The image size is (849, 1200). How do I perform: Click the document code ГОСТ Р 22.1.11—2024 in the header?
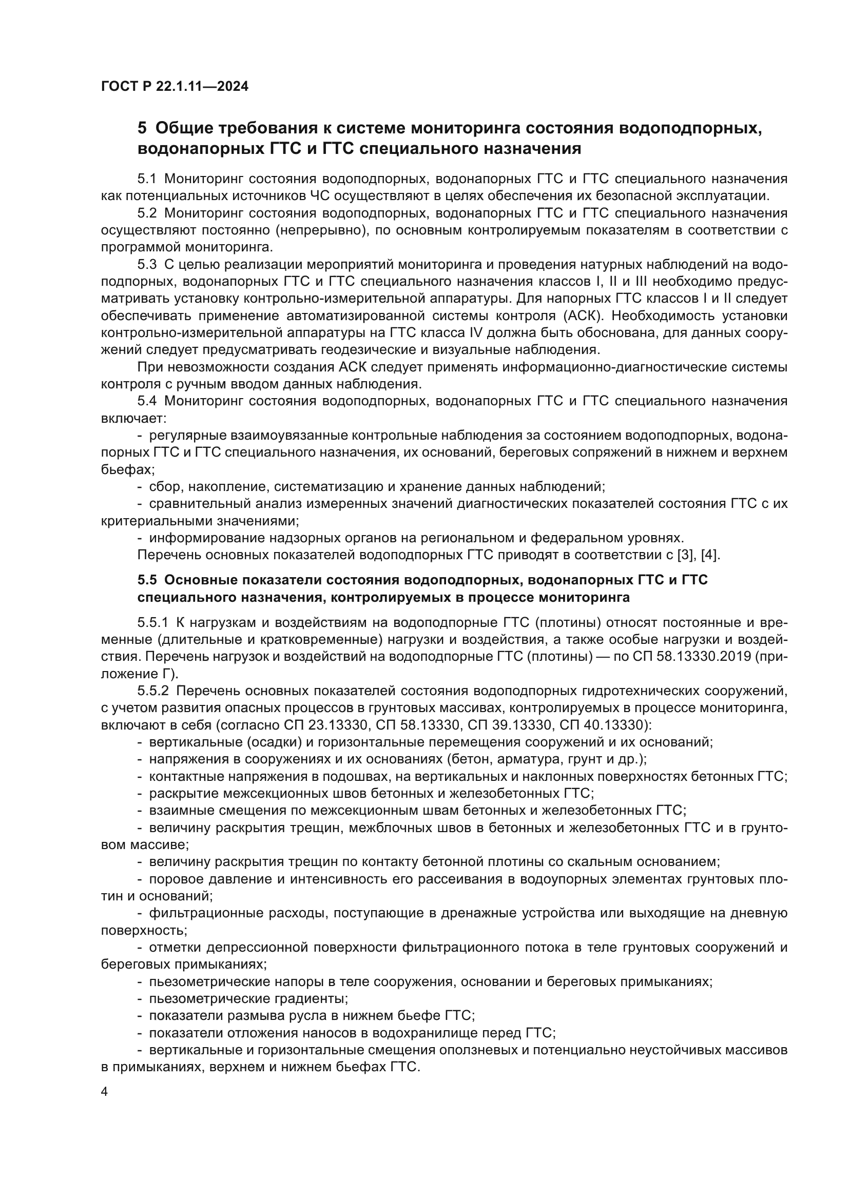point(175,86)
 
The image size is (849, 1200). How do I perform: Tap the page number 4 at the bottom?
point(105,1092)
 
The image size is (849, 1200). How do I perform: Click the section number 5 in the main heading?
point(142,128)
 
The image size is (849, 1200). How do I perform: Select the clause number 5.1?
point(147,179)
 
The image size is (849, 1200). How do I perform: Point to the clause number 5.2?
point(147,213)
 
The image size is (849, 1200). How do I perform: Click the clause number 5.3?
point(147,264)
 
